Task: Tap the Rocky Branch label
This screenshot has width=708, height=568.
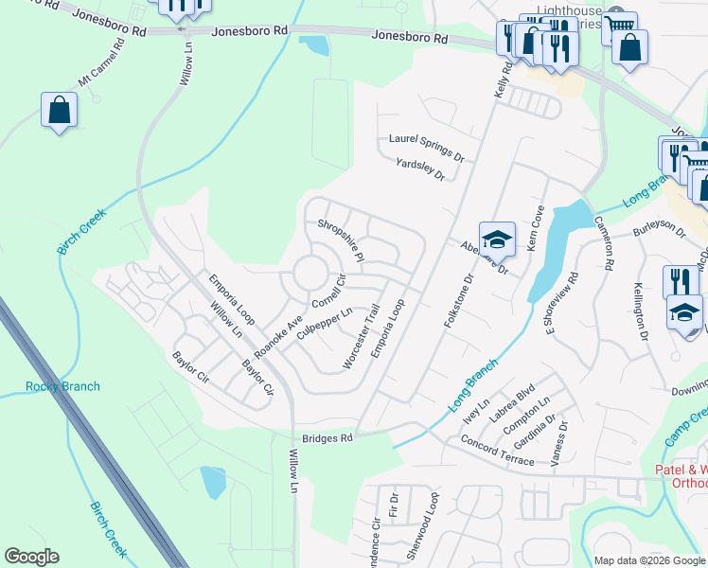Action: (62, 386)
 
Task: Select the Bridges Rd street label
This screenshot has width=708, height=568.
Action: (327, 438)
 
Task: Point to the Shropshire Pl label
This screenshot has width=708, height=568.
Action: (341, 241)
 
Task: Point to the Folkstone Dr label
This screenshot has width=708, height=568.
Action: (457, 302)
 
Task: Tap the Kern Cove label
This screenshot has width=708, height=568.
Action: (535, 228)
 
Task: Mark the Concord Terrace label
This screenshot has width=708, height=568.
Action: (497, 451)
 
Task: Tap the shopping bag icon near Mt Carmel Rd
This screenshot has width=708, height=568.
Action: (59, 110)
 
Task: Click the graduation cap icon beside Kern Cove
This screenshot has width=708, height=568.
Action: (496, 239)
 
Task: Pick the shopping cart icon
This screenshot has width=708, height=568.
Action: (619, 27)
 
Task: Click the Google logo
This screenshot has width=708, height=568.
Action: (31, 557)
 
